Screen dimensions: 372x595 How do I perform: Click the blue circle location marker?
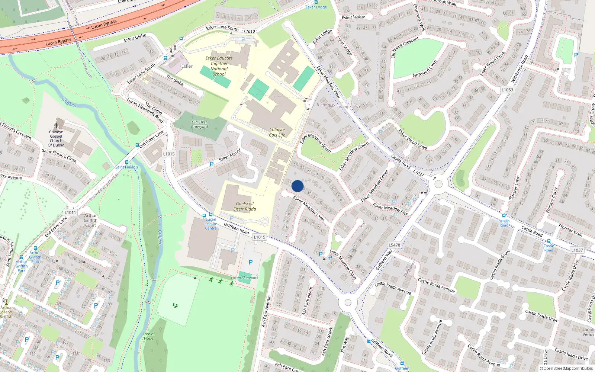pyautogui.click(x=297, y=186)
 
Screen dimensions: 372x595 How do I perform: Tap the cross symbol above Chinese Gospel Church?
pyautogui.click(x=56, y=126)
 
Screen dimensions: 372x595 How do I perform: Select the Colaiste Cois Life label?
pyautogui.click(x=277, y=132)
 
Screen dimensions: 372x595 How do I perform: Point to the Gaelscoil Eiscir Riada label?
pyautogui.click(x=245, y=206)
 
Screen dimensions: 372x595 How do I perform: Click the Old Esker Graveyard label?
pyautogui.click(x=199, y=124)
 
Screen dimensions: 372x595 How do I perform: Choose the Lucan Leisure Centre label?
pyautogui.click(x=211, y=224)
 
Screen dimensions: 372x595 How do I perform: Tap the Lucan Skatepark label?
pyautogui.click(x=244, y=278)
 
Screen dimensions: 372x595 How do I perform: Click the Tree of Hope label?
pyautogui.click(x=148, y=336)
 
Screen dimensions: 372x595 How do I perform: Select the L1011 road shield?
pyautogui.click(x=70, y=212)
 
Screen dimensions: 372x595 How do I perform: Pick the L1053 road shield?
pyautogui.click(x=507, y=90)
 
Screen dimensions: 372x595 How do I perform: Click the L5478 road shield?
pyautogui.click(x=394, y=245)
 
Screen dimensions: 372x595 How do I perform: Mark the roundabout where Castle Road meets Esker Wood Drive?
pyautogui.click(x=438, y=184)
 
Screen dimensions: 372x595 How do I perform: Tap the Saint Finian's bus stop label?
pyautogui.click(x=126, y=167)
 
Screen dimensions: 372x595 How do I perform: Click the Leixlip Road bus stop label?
pyautogui.click(x=504, y=223)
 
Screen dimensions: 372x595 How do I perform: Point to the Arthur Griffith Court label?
pyautogui.click(x=90, y=220)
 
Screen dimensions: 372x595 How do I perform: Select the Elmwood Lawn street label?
pyautogui.click(x=425, y=70)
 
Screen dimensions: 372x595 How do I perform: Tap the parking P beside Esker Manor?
pyautogui.click(x=212, y=164)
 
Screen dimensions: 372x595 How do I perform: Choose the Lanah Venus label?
pyautogui.click(x=588, y=332)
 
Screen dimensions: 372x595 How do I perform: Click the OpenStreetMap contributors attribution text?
pyautogui.click(x=566, y=368)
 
